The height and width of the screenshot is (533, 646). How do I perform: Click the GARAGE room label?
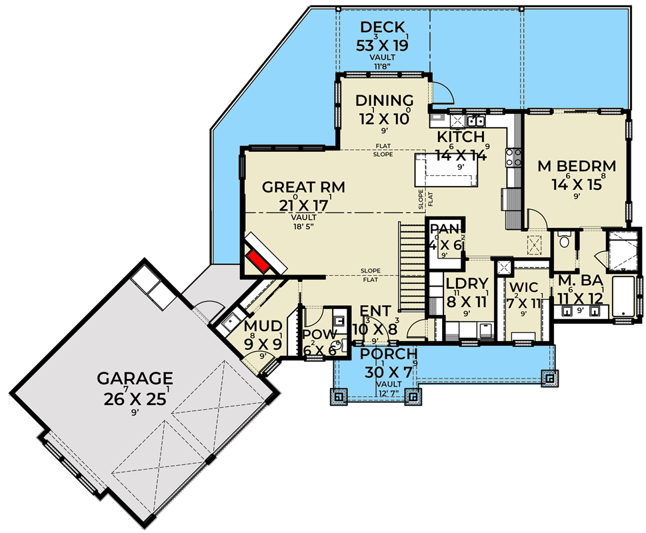(135, 378)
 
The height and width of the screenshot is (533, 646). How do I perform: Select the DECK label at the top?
(383, 27)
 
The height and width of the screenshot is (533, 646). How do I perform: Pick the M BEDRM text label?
(577, 167)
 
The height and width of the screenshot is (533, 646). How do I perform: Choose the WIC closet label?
(523, 288)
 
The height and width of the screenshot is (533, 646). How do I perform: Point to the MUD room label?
(259, 326)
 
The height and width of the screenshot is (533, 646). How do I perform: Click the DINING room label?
(384, 101)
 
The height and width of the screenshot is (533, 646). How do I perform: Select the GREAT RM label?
(303, 187)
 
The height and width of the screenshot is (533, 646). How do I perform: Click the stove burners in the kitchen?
(514, 158)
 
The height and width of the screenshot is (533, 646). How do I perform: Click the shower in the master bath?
(620, 251)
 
